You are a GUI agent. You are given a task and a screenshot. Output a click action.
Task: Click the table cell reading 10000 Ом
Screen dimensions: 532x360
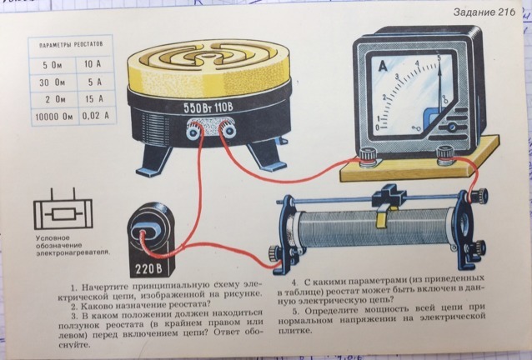click(54, 117)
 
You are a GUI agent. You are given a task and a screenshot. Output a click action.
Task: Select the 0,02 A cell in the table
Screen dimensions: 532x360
click(96, 116)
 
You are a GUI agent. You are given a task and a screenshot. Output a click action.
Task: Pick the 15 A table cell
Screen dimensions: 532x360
click(94, 99)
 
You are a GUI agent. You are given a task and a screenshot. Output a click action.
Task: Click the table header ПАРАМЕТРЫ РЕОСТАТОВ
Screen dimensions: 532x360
click(71, 45)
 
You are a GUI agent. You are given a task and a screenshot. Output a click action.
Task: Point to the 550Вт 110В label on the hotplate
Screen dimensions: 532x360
click(208, 107)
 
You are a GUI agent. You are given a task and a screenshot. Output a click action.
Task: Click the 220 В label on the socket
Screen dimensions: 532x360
click(149, 269)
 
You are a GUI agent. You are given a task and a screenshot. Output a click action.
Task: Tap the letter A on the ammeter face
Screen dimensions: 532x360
click(383, 67)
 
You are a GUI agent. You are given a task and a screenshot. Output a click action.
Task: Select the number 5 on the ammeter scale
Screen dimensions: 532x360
click(439, 58)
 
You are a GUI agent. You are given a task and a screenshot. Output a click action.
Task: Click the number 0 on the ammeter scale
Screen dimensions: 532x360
click(378, 127)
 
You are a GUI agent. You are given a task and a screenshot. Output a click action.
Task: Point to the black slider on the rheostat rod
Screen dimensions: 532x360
click(389, 196)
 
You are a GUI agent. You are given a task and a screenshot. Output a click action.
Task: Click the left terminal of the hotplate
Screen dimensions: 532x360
click(193, 131)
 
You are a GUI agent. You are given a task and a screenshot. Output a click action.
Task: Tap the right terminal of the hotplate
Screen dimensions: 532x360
click(228, 129)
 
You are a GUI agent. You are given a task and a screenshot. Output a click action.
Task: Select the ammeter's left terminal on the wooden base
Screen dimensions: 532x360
click(368, 157)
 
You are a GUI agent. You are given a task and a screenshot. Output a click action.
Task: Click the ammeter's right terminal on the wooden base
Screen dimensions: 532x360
click(444, 155)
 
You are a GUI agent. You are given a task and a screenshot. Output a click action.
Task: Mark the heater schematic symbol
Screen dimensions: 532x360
click(63, 211)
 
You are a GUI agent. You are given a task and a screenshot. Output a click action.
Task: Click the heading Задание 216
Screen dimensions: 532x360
click(484, 12)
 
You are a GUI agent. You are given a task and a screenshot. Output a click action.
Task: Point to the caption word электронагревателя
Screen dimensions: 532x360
click(73, 252)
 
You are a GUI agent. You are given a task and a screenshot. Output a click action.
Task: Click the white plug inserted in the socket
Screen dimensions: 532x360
click(149, 233)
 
